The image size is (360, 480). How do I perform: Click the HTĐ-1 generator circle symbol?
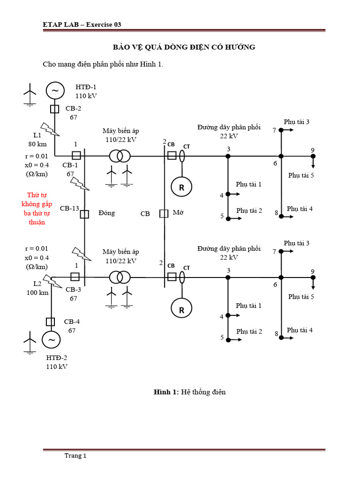click(x=54, y=90)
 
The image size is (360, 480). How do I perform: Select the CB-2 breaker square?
click(x=54, y=109)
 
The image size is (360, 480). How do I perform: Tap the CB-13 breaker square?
click(x=84, y=214)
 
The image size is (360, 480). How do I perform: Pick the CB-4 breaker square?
click(x=51, y=322)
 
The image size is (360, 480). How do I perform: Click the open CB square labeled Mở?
click(x=164, y=214)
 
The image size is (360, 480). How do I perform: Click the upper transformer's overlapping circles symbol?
click(x=120, y=156)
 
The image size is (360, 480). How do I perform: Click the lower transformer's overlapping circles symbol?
click(x=120, y=277)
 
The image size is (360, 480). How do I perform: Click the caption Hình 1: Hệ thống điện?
click(x=190, y=392)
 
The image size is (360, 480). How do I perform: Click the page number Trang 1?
click(x=75, y=456)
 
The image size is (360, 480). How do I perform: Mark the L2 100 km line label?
click(x=37, y=288)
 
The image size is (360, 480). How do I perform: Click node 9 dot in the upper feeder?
click(x=313, y=156)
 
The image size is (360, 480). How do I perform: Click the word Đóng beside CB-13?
click(x=107, y=213)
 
